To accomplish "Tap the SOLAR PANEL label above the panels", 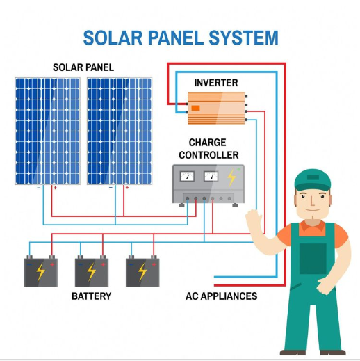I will (x=83, y=67).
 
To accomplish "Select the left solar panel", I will (x=47, y=130).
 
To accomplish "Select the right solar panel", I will (x=118, y=130).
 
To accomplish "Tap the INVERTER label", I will (x=215, y=83).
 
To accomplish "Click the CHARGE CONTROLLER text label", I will (x=208, y=148).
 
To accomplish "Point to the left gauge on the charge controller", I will (x=186, y=177).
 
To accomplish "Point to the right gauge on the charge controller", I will (x=209, y=177).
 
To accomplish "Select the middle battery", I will (x=91, y=271).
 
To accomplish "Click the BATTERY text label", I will (x=91, y=296).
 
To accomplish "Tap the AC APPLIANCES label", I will (x=221, y=296).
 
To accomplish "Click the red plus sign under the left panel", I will (x=55, y=188).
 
